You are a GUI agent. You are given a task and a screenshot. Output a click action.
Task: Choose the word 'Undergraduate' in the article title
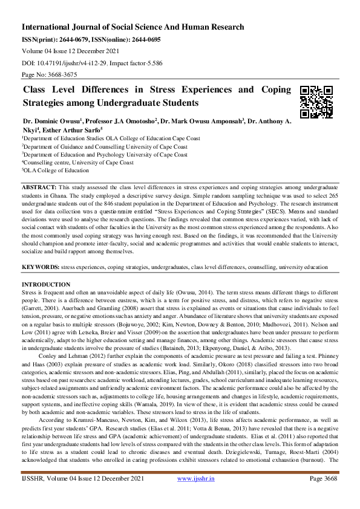pos(132,103)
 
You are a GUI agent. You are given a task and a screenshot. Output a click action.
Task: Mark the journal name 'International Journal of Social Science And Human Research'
pos(133,27)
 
